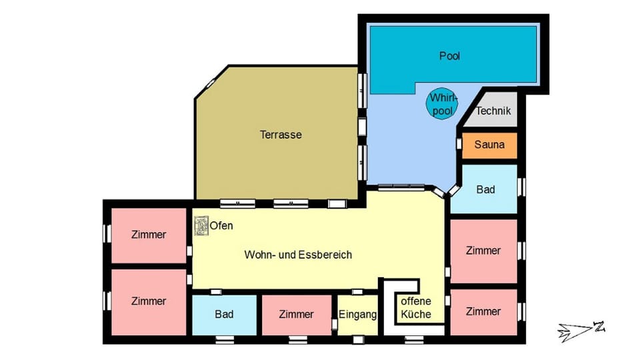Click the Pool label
pos(450,56)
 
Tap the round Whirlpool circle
pos(441,103)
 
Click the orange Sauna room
pos(489,145)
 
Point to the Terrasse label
pos(281,135)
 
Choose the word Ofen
pos(221,226)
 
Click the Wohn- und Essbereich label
pos(298,255)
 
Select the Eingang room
pos(357,315)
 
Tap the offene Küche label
pos(416,308)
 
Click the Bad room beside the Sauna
pos(485,189)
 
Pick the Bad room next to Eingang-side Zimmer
pos(224,315)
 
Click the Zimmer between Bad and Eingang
pos(296,315)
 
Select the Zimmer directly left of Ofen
pos(149,235)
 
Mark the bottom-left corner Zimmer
pos(149,301)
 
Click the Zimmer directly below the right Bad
pos(483,251)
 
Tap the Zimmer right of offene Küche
pos(483,311)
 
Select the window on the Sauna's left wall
pos(459,144)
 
